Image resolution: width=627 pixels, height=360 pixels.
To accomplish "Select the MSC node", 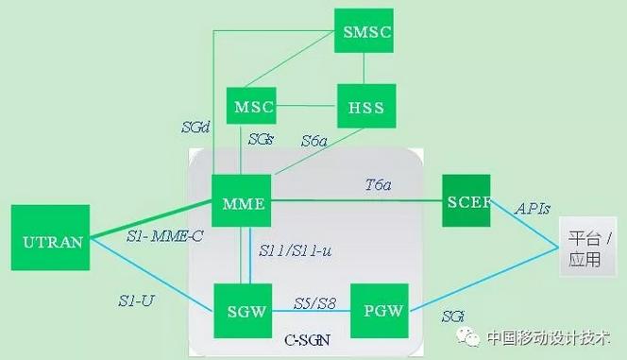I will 252,107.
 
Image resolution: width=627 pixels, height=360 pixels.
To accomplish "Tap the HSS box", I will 364,107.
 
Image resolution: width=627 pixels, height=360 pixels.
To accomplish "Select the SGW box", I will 242,310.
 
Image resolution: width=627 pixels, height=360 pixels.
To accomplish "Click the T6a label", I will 380,187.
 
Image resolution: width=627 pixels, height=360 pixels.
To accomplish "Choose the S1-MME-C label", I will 164,236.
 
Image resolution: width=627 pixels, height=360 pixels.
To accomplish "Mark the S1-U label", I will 135,300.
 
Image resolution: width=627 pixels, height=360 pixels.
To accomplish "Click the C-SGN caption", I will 306,337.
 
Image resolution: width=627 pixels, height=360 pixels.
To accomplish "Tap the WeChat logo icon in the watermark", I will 467,337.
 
